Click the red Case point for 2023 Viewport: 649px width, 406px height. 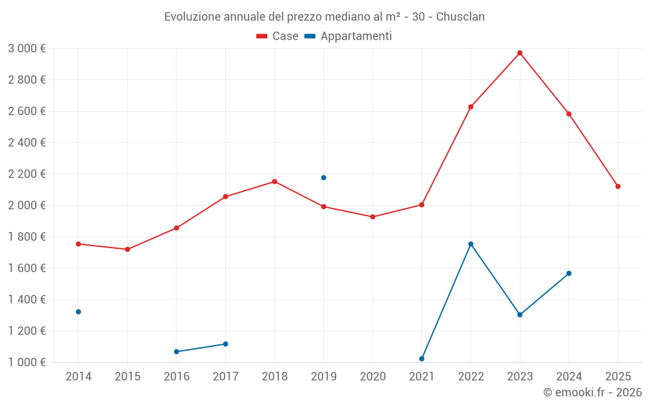tap(520, 53)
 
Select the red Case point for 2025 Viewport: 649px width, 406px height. tap(618, 186)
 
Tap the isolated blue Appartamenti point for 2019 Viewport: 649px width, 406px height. tap(323, 177)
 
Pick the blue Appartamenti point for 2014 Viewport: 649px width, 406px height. tap(79, 312)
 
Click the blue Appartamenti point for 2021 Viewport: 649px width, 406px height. tap(422, 359)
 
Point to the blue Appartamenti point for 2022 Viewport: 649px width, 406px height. tap(471, 244)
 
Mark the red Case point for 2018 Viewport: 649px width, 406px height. tap(275, 181)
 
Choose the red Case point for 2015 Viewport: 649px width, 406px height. tap(127, 249)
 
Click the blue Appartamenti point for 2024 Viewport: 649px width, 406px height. tap(569, 273)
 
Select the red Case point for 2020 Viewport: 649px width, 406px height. tap(373, 217)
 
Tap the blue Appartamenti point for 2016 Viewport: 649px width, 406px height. tap(177, 351)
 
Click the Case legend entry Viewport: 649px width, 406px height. tap(278, 36)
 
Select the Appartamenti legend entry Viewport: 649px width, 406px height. tap(349, 36)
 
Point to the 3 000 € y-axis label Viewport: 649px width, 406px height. tap(27, 49)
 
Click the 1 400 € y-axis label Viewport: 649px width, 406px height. tap(27, 299)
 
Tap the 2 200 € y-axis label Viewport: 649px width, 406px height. tap(27, 174)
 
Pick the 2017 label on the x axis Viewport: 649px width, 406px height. tap(225, 376)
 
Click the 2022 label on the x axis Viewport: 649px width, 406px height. tap(471, 376)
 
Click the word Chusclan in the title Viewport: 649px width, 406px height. tap(460, 16)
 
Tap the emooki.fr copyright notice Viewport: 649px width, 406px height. tap(592, 392)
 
